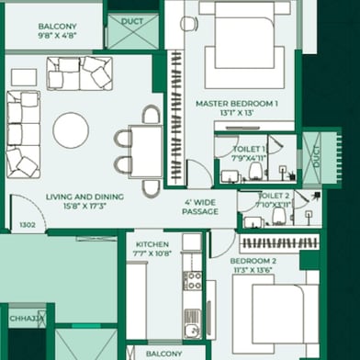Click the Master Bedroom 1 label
pyautogui.click(x=236, y=105)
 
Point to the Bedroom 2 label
pyautogui.click(x=255, y=261)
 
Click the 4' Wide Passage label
pyautogui.click(x=200, y=207)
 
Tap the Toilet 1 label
pyautogui.click(x=248, y=148)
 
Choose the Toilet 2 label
pyautogui.click(x=274, y=196)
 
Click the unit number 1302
pyautogui.click(x=27, y=224)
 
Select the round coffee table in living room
pyautogui.click(x=71, y=129)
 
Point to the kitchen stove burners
pyautogui.click(x=191, y=279)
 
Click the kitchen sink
pyautogui.click(x=191, y=321)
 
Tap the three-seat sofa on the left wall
pyautogui.click(x=24, y=133)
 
